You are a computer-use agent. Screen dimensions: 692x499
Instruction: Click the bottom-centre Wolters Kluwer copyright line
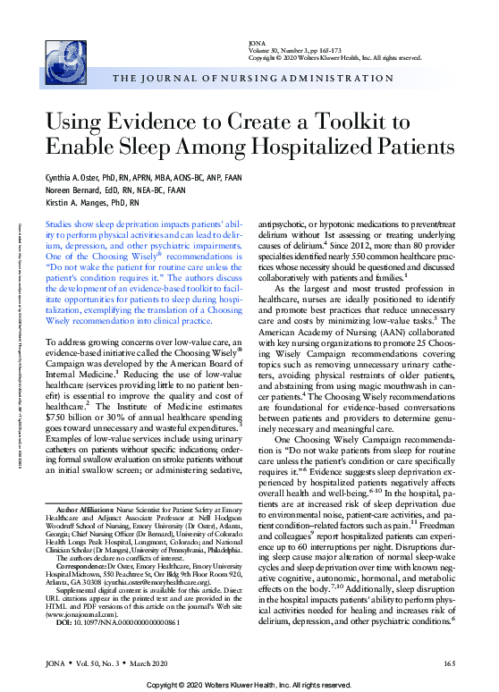pyautogui.click(x=249, y=683)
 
